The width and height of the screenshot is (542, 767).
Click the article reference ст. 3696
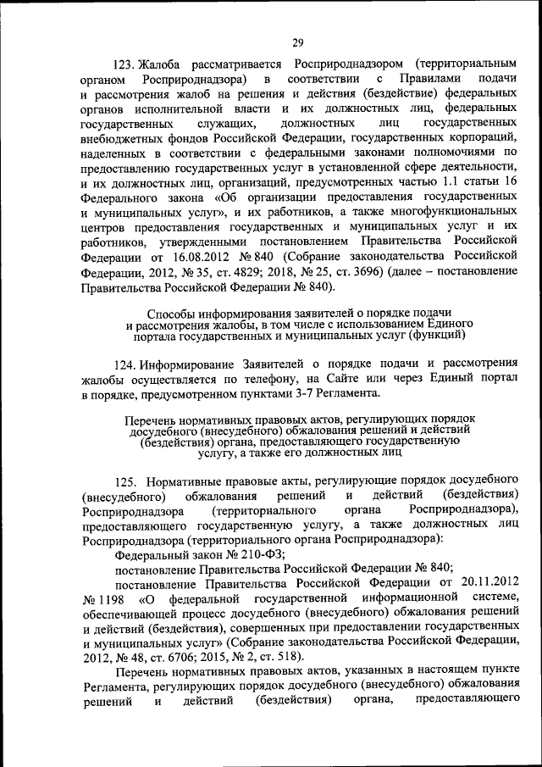tap(360, 273)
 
